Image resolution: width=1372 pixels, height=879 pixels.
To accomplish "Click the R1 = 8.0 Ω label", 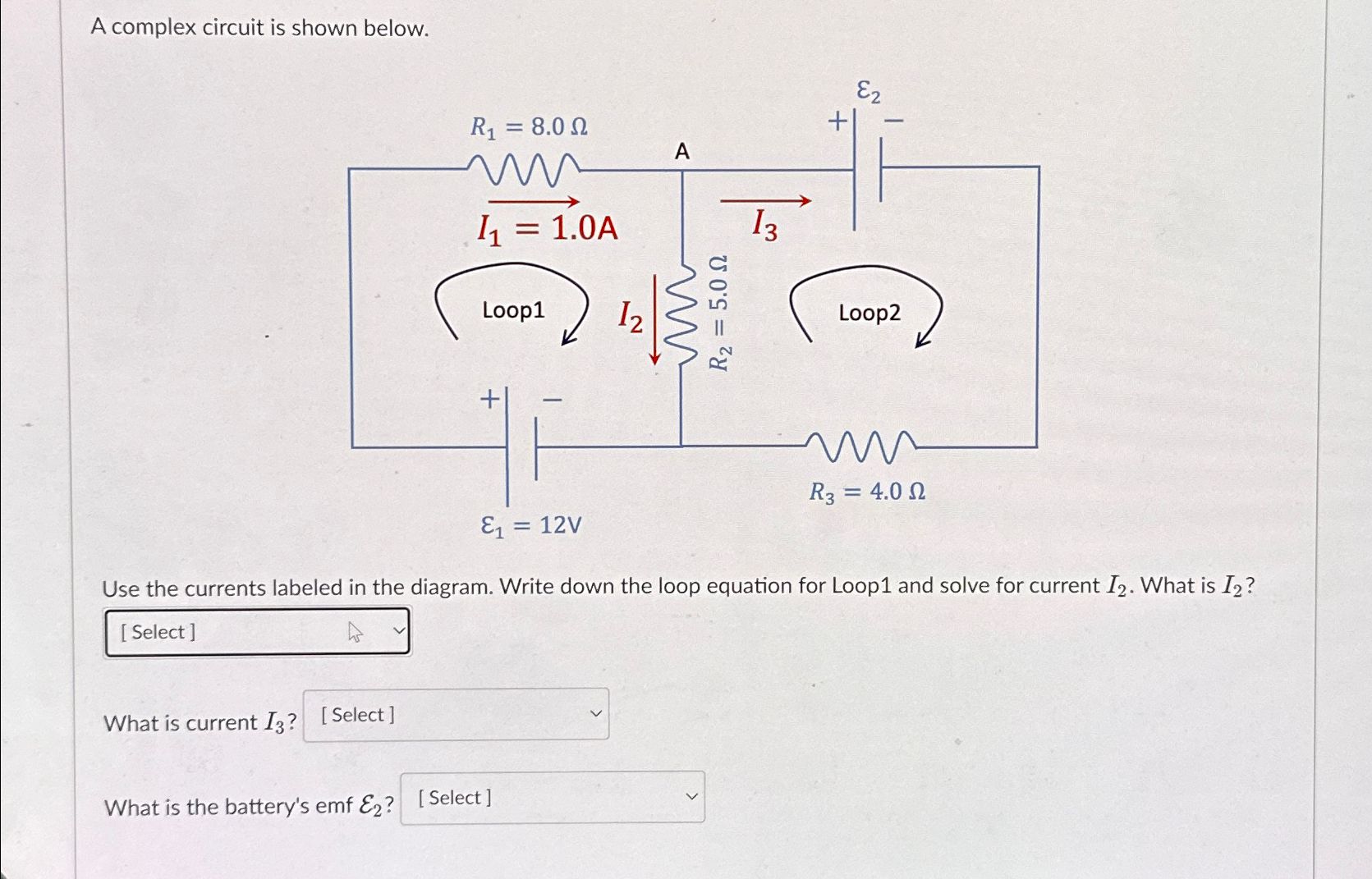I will pyautogui.click(x=528, y=127).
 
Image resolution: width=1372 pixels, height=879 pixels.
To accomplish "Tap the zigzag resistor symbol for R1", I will pyautogui.click(x=524, y=169).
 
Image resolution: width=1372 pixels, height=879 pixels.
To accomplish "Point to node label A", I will pyautogui.click(x=682, y=152).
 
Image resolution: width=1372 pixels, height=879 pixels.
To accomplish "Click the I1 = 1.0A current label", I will pyautogui.click(x=548, y=228).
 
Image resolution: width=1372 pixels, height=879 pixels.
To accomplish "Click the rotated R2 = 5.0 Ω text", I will pyautogui.click(x=718, y=313).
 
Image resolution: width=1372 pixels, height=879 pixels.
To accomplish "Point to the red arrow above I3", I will pyautogui.click(x=765, y=200).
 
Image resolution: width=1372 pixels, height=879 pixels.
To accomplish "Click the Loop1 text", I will pyautogui.click(x=513, y=310).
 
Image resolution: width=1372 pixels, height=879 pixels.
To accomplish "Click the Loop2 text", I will pyautogui.click(x=870, y=313).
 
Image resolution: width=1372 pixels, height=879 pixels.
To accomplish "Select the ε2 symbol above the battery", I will pyautogui.click(x=868, y=91).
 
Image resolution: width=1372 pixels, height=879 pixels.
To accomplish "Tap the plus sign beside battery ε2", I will pyautogui.click(x=837, y=122).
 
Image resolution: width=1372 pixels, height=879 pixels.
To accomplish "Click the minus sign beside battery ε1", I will pyautogui.click(x=553, y=401).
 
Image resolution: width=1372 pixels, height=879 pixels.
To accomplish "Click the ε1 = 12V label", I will pyautogui.click(x=531, y=525).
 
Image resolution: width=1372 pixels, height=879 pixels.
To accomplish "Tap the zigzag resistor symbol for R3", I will pyautogui.click(x=860, y=446).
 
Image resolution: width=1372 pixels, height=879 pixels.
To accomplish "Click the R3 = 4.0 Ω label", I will pyautogui.click(x=867, y=492).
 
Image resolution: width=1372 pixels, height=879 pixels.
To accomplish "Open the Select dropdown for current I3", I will pyautogui.click(x=456, y=715).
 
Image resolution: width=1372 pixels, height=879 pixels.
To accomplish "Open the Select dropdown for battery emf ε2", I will pyautogui.click(x=553, y=798).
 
